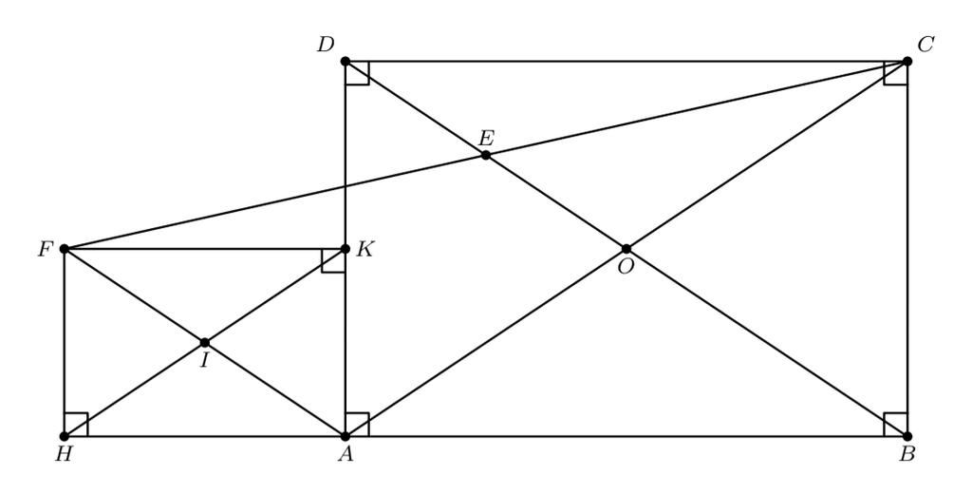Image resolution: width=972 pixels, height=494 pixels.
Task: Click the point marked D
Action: [346, 61]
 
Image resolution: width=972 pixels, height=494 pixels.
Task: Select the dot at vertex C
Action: [907, 61]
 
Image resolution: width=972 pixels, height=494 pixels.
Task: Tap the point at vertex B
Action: [907, 436]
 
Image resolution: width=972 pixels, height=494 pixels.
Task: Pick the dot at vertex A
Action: [346, 436]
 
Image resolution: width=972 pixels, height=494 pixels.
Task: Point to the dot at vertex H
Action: [65, 436]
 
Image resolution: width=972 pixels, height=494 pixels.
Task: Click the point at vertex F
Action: [65, 248]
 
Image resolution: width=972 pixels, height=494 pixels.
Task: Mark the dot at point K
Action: [346, 248]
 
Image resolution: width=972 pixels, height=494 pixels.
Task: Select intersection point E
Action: [485, 155]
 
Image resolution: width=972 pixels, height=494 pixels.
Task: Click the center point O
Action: [626, 248]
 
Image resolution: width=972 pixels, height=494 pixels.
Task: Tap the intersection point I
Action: [205, 342]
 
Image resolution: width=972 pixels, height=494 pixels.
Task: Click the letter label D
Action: [326, 45]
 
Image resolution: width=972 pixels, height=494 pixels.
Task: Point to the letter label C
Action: [926, 45]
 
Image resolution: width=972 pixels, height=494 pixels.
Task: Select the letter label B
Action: [907, 454]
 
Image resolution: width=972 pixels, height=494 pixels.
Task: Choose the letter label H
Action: [64, 454]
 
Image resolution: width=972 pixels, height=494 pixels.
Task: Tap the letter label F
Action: [45, 250]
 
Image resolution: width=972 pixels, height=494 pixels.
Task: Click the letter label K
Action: [365, 250]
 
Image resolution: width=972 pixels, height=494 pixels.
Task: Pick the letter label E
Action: [487, 138]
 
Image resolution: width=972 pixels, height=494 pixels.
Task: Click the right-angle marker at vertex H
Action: [76, 424]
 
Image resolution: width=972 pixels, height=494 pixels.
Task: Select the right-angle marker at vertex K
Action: [333, 260]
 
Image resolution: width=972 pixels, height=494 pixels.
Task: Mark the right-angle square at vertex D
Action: [357, 72]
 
